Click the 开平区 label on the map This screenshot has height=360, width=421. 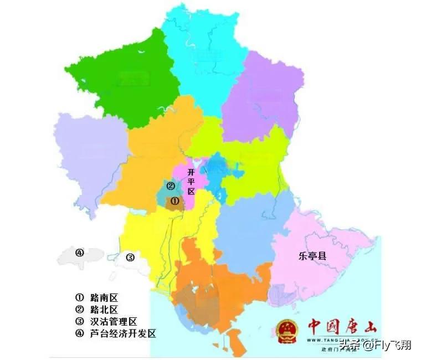[192, 181]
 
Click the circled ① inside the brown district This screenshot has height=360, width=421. [174, 202]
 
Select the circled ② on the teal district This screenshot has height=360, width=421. [171, 186]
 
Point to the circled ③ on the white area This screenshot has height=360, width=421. [130, 258]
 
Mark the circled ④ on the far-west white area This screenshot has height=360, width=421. [80, 253]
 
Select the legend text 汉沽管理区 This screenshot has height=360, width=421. [113, 322]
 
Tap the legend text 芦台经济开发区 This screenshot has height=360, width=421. [122, 334]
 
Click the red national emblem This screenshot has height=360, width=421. [287, 331]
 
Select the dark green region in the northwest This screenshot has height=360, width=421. [133, 78]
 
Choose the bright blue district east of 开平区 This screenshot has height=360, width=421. [222, 172]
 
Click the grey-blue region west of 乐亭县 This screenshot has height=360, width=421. [249, 233]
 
